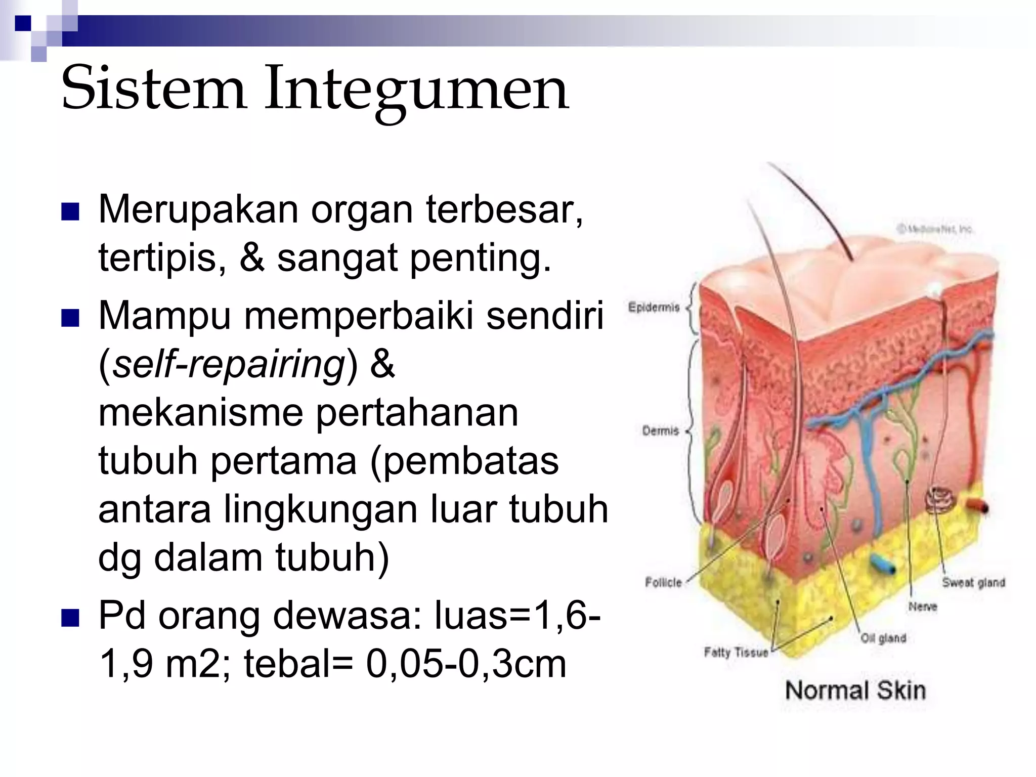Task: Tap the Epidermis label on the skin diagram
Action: (x=654, y=307)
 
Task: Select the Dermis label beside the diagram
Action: (x=660, y=430)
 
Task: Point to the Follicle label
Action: (x=663, y=582)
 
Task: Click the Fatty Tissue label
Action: (x=736, y=652)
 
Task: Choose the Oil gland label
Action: (x=883, y=638)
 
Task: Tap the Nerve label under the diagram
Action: (x=923, y=606)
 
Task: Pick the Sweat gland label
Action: (x=973, y=582)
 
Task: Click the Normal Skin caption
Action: (x=855, y=690)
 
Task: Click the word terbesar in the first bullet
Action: (x=504, y=209)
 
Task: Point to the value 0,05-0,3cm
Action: (x=466, y=664)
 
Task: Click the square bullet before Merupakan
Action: (x=70, y=212)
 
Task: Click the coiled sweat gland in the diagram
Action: (x=940, y=499)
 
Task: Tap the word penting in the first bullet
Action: (x=479, y=258)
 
